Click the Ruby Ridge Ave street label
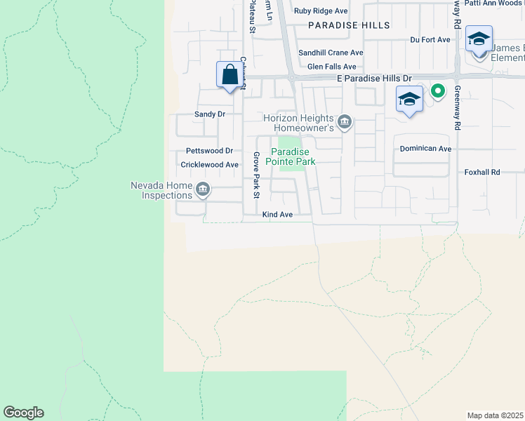[x=321, y=11]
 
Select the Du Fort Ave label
[x=430, y=40]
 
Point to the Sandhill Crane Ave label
[x=331, y=53]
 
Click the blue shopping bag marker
[x=230, y=74]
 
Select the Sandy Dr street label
[x=209, y=114]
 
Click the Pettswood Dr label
[x=209, y=151]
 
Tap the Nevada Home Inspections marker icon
[x=203, y=189]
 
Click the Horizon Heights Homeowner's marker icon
[x=345, y=123]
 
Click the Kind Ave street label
[x=277, y=214]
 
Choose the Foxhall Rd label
[x=481, y=172]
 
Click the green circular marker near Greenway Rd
[x=438, y=91]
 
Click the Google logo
[x=23, y=413]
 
